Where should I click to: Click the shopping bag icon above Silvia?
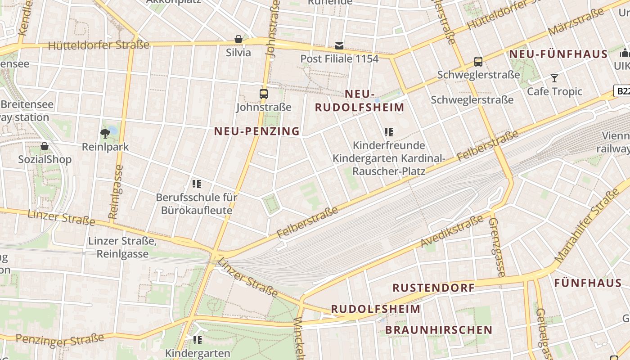238,39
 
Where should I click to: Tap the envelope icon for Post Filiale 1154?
339,45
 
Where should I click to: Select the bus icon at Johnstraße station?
264,94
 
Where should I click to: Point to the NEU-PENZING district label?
256,131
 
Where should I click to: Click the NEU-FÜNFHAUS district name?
558,54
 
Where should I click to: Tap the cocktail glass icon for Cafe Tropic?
554,78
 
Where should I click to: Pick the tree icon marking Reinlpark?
105,133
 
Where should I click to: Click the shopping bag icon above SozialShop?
45,146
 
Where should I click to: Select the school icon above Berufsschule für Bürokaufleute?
196,184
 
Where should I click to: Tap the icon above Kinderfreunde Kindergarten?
389,132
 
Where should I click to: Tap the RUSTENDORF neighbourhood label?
433,288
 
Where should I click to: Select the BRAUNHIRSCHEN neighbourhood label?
439,330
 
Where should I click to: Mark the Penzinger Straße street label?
59,340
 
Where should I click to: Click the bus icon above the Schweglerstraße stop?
478,62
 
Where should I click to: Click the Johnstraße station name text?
264,108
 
